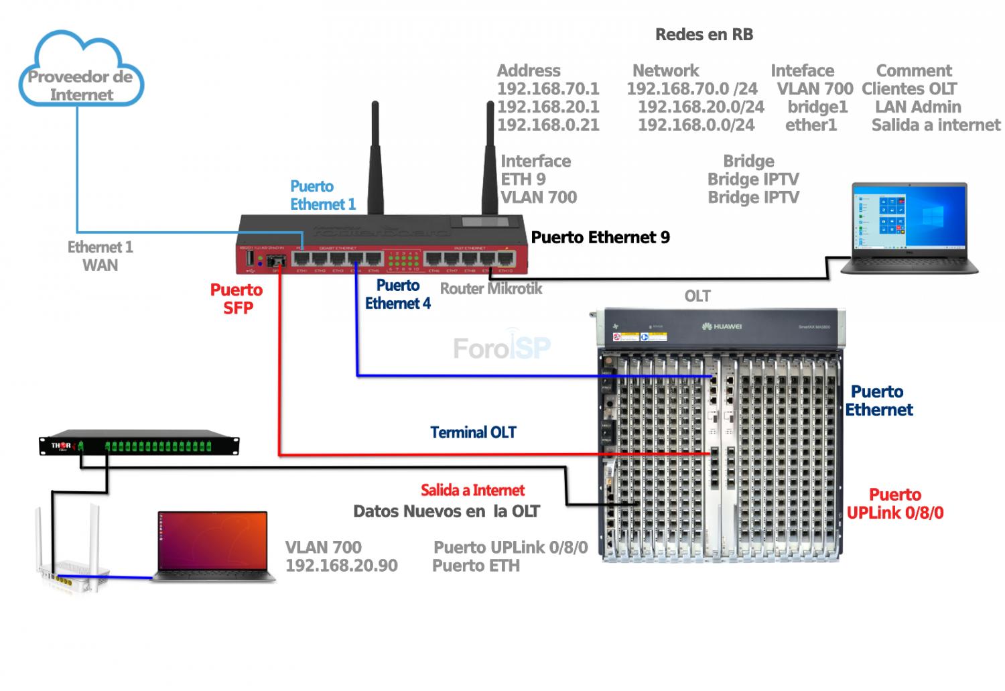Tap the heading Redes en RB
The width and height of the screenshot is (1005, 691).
(703, 35)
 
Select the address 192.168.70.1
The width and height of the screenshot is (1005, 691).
(547, 89)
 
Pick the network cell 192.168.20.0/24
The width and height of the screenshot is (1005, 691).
(700, 107)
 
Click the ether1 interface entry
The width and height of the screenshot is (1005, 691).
(811, 125)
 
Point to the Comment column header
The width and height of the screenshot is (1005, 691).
(913, 71)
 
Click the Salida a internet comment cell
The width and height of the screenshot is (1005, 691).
(935, 125)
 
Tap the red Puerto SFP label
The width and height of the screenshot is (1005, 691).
(237, 299)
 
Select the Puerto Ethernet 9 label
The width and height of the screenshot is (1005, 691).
(600, 237)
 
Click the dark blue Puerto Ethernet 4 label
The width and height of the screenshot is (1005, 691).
(397, 294)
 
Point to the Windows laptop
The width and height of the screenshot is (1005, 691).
(909, 228)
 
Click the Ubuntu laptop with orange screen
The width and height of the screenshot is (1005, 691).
(213, 546)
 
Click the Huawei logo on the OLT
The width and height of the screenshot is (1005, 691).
(722, 326)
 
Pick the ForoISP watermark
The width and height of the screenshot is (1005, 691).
(501, 347)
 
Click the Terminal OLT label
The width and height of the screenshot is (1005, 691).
(473, 432)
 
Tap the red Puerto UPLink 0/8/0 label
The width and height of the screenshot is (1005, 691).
(894, 504)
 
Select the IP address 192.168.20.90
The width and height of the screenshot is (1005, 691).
(341, 566)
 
